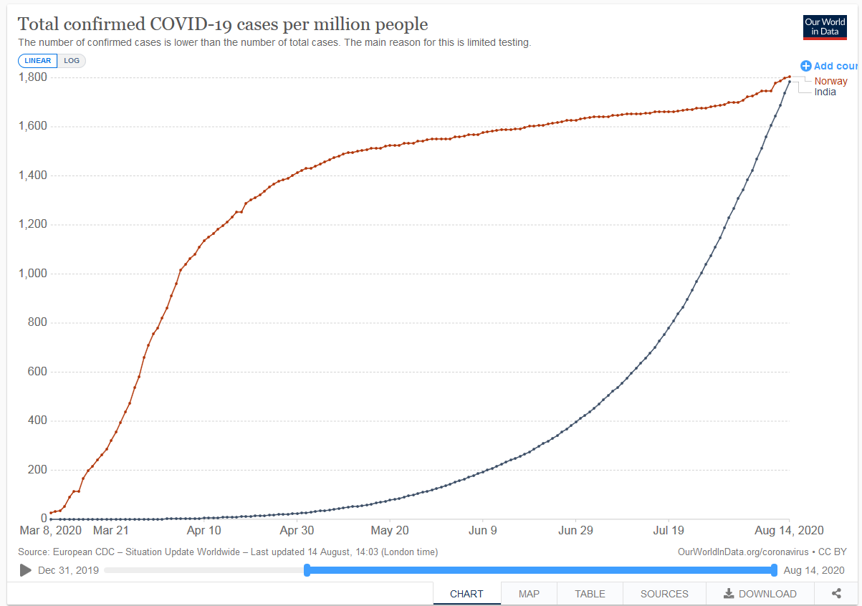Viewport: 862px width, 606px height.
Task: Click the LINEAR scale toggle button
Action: tap(38, 61)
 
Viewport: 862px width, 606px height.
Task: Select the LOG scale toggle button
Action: tap(72, 61)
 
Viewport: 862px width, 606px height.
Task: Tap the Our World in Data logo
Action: tap(825, 27)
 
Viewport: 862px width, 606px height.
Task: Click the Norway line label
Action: tap(830, 81)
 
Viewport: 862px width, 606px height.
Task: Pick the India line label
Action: tap(825, 92)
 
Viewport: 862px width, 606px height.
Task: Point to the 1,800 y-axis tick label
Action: tap(33, 77)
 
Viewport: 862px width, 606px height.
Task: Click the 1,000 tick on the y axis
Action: tap(33, 274)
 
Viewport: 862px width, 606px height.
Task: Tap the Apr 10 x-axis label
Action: tap(204, 531)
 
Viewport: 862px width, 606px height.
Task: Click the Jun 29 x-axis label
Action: tap(576, 531)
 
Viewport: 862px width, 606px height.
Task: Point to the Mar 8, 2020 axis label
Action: tap(51, 531)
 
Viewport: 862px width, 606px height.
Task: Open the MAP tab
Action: tap(529, 594)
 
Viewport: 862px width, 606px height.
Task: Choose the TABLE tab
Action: tap(590, 594)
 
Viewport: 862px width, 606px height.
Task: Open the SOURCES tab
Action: tap(664, 594)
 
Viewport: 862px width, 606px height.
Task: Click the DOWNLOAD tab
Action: tap(760, 594)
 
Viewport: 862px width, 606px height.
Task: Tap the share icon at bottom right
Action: tap(836, 593)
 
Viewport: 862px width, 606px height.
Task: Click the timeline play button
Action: tap(26, 570)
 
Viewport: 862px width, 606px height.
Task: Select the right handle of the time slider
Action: tap(774, 570)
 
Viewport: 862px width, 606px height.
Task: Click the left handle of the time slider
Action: tap(307, 570)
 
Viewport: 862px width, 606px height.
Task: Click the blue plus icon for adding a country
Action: tap(806, 66)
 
